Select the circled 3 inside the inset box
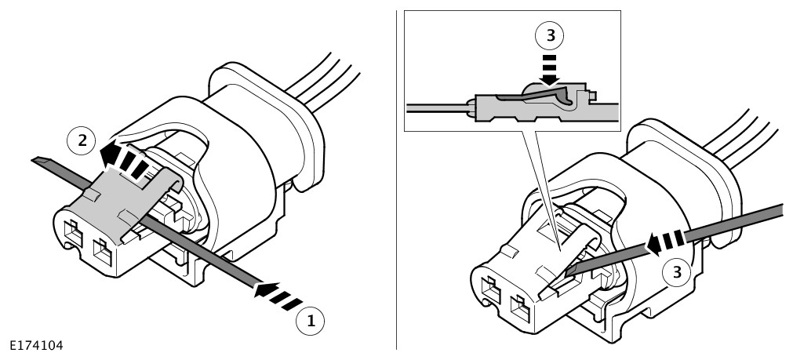pyautogui.click(x=548, y=36)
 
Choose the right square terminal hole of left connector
pyautogui.click(x=103, y=253)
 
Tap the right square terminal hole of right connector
pyautogui.click(x=518, y=305)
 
